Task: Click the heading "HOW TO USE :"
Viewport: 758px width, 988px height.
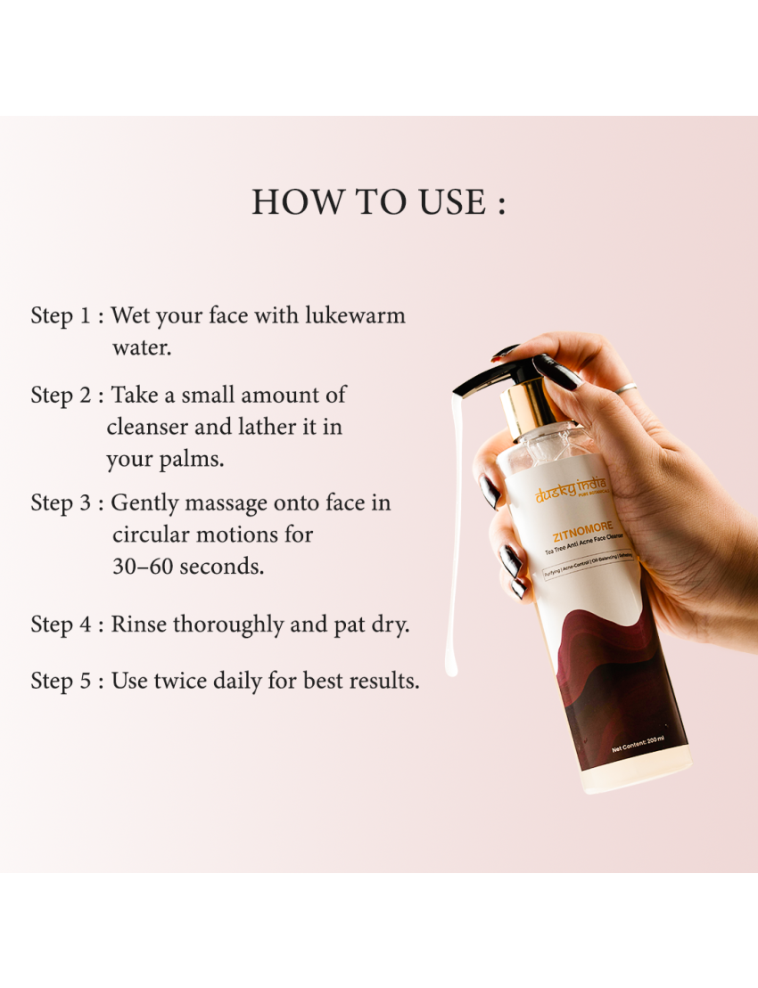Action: [x=378, y=202]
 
